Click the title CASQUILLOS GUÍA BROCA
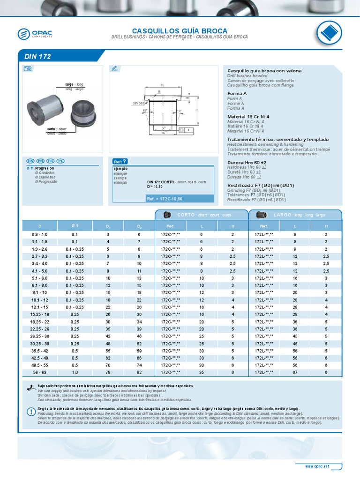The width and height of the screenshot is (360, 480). (180, 30)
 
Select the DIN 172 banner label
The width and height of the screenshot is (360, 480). (37, 56)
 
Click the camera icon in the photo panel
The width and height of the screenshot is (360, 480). (27, 69)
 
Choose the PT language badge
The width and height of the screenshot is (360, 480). (60, 160)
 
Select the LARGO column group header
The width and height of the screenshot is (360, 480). (295, 215)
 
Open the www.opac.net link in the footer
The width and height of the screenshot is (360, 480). (317, 466)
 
